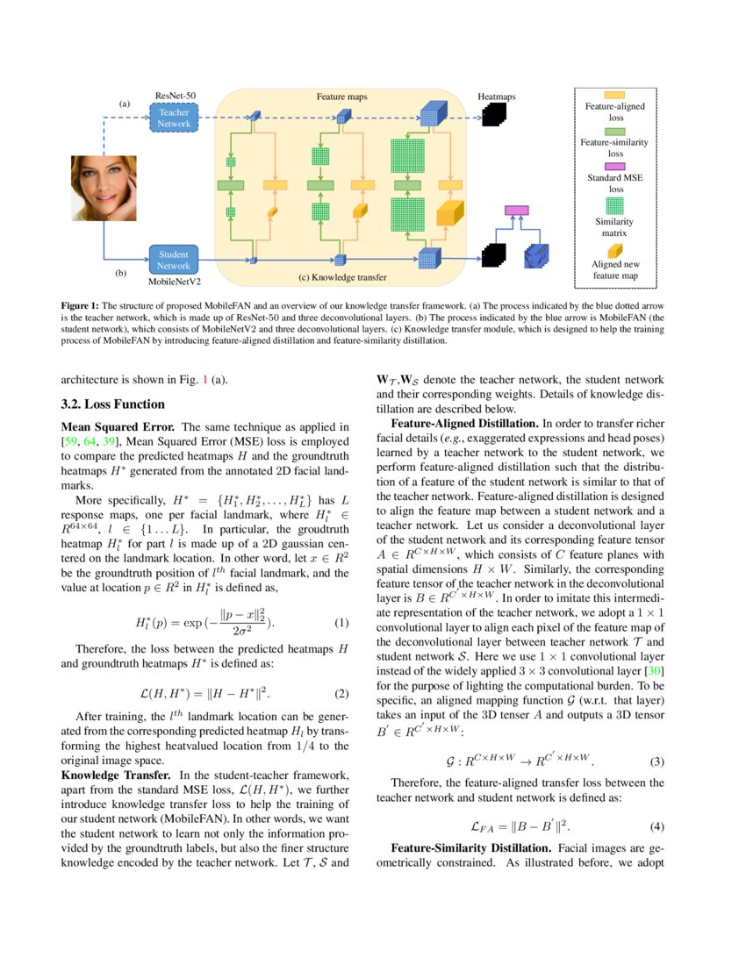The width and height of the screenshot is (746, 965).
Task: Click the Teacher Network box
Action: [174, 118]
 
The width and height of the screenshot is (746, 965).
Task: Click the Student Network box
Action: [174, 260]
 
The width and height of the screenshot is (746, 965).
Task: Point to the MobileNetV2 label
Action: [174, 282]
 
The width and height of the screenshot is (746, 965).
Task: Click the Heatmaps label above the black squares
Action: [496, 96]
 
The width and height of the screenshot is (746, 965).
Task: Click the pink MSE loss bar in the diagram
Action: [516, 211]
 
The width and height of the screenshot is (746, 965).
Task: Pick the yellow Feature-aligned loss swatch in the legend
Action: [614, 95]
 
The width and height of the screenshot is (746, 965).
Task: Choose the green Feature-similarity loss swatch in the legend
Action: [614, 129]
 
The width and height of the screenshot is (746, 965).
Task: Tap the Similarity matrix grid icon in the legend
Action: [614, 204]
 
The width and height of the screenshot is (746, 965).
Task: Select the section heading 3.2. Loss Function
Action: [112, 404]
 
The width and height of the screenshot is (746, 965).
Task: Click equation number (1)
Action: [342, 623]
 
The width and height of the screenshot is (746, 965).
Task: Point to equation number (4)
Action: [656, 826]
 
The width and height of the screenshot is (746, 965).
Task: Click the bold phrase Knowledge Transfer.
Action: [117, 776]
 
